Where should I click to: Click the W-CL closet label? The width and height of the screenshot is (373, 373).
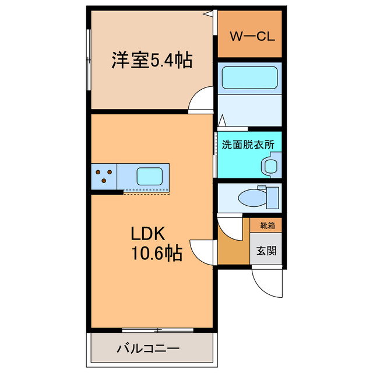click(252, 36)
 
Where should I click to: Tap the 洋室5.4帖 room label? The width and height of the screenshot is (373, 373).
click(152, 60)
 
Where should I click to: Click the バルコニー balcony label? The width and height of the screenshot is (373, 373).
click(148, 349)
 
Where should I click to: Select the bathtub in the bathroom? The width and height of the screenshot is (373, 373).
click(249, 78)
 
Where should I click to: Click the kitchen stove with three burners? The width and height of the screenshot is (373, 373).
click(104, 176)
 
